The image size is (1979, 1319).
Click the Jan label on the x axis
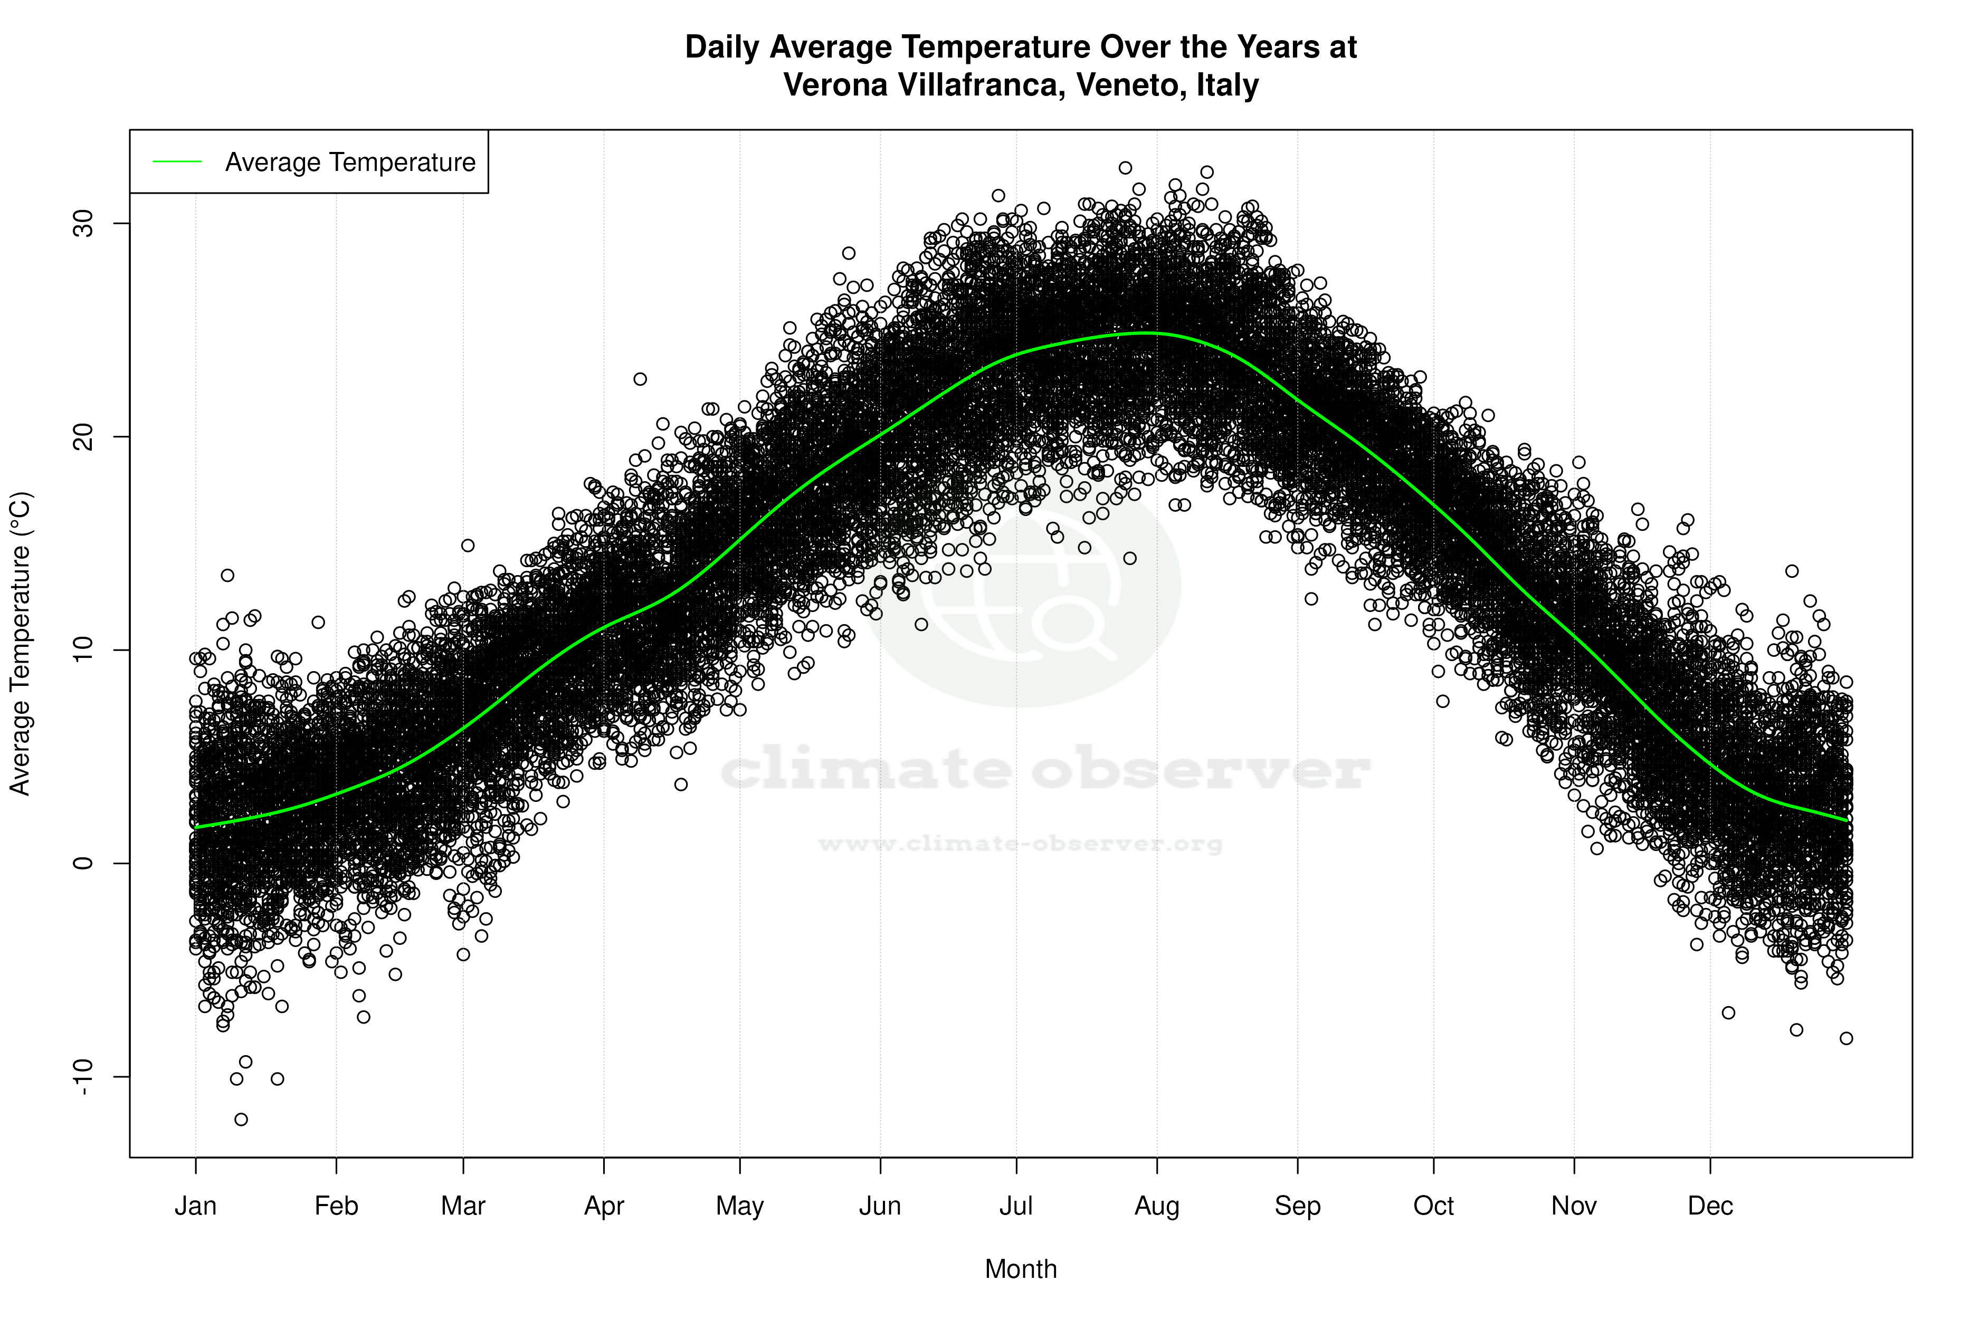(x=195, y=1206)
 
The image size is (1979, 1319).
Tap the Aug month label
(x=1156, y=1206)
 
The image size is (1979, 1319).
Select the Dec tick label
(x=1710, y=1206)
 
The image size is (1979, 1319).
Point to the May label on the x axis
(x=739, y=1206)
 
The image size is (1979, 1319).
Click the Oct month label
(x=1433, y=1206)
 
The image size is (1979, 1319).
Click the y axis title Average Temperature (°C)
(x=20, y=644)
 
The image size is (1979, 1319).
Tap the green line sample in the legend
(x=177, y=161)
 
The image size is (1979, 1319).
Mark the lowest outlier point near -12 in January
(x=241, y=1119)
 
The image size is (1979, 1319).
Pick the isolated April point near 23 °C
(x=640, y=379)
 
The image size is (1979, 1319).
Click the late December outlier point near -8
(x=1846, y=1038)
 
